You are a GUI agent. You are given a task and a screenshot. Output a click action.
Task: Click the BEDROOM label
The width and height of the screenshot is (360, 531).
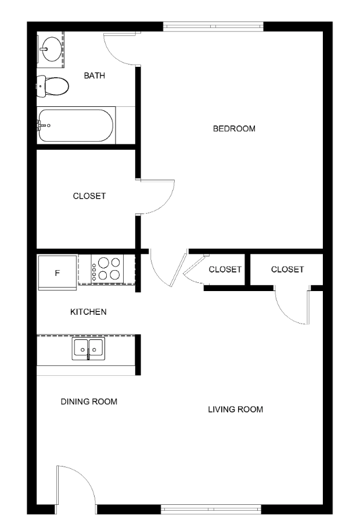[x=234, y=129]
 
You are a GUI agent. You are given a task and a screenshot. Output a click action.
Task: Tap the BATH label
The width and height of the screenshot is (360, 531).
[x=95, y=76]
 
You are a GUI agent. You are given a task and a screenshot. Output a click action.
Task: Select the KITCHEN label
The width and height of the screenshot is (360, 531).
[x=88, y=312]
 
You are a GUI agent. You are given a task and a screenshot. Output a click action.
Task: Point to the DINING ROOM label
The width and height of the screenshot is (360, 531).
[x=89, y=401]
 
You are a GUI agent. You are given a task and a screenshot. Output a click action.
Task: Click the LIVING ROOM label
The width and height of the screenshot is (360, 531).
[x=236, y=410]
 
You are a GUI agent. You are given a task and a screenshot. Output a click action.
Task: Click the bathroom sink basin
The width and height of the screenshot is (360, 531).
[x=52, y=49]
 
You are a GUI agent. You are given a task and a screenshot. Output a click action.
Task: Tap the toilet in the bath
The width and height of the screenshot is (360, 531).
[x=53, y=87]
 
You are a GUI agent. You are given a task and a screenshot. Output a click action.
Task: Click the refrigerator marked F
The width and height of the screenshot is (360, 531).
[x=57, y=272]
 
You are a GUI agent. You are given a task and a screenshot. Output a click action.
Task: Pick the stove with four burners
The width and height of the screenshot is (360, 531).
[x=107, y=268]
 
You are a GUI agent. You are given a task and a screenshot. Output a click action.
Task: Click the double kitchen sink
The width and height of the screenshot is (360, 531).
[x=88, y=349]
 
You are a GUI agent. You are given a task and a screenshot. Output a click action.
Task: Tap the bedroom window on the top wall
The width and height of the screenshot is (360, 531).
[x=213, y=27]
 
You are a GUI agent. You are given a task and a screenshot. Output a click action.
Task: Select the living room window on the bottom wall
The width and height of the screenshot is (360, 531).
[x=211, y=509]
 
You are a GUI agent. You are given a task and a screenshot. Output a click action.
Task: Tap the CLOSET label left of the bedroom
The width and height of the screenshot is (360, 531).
[x=89, y=196]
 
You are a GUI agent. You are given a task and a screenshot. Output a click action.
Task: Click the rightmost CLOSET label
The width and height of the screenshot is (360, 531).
[x=287, y=270]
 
